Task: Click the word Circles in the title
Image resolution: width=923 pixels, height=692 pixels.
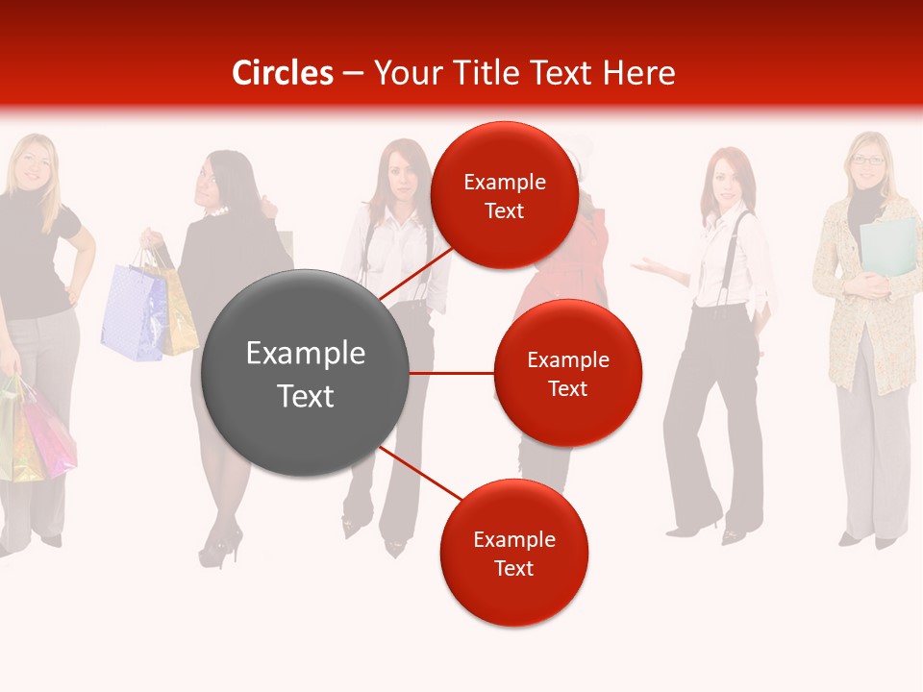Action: [x=283, y=73]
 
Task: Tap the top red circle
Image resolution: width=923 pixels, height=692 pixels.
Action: [x=504, y=195]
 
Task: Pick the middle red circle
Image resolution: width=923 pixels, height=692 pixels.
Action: [x=567, y=373]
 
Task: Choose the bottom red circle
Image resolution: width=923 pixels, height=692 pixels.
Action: [x=513, y=553]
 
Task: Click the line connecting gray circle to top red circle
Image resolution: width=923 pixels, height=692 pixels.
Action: [x=415, y=273]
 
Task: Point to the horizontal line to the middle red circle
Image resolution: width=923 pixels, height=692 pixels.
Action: [x=451, y=373]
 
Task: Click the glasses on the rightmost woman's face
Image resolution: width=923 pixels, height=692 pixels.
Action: [x=868, y=161]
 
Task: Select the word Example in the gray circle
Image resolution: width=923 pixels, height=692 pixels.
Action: [x=306, y=354]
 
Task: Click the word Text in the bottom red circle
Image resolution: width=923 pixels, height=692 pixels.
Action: [x=513, y=568]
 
